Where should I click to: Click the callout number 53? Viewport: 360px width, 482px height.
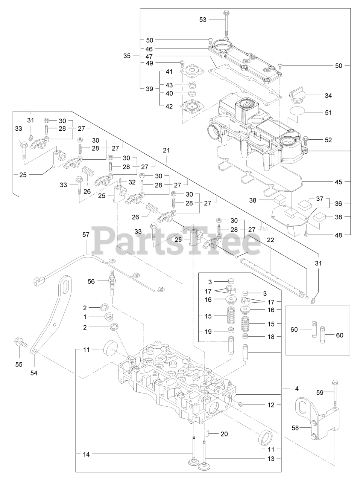coord(203,20)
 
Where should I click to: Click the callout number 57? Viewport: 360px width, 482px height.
coord(86,235)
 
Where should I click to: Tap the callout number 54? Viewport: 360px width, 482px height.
coord(34,373)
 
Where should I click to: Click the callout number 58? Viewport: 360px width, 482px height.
coord(296,427)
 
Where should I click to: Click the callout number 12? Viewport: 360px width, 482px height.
coord(271,405)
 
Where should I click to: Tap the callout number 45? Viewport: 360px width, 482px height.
coord(338,182)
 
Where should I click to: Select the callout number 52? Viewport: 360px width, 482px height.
coord(328,140)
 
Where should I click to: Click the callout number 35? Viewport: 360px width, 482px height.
coord(127,56)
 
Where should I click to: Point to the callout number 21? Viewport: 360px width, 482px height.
coord(166,150)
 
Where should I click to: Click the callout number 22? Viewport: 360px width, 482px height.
coord(270,240)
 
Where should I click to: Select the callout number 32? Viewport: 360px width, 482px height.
coord(132,182)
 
